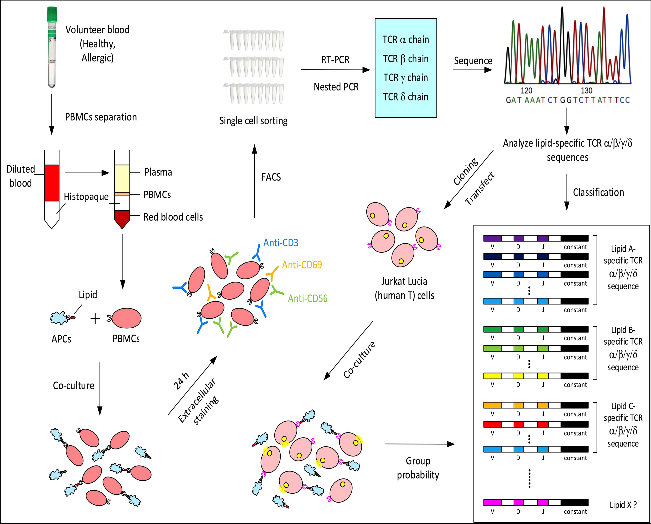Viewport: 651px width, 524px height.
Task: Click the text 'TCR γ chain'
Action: [x=406, y=78]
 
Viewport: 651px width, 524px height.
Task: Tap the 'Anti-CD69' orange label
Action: [x=302, y=265]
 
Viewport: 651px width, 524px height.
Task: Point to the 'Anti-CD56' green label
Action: [x=308, y=298]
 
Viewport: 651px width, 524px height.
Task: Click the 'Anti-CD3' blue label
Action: [x=281, y=243]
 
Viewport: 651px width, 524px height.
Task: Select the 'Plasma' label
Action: [x=158, y=172]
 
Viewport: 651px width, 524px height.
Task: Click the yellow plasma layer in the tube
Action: [x=122, y=178]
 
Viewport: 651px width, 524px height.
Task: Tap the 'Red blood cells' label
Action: [x=173, y=217]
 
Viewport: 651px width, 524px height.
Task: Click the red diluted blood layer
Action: [x=52, y=183]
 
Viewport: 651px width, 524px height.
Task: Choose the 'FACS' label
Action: [x=271, y=177]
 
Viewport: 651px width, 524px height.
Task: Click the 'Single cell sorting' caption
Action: [x=253, y=121]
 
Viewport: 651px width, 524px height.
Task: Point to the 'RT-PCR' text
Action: [x=335, y=60]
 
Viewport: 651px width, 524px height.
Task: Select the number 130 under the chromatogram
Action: [x=586, y=90]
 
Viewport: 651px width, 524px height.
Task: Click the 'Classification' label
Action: [x=598, y=192]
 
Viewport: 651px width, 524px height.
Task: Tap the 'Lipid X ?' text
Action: [x=623, y=505]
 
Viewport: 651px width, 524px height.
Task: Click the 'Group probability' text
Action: [x=418, y=468]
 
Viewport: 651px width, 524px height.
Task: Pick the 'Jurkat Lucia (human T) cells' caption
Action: [x=404, y=288]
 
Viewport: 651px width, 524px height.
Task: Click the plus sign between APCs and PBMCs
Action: [x=95, y=318]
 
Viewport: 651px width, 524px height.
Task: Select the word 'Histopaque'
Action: [x=86, y=196]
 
